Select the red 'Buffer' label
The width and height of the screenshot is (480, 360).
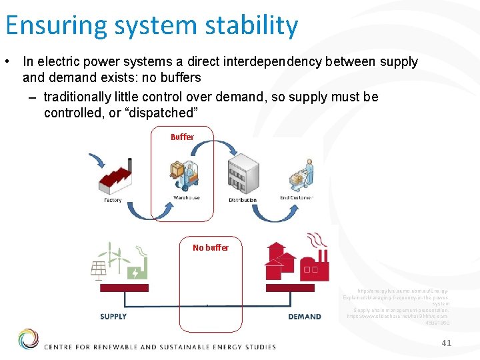coord(182,137)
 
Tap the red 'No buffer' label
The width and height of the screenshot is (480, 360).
coord(210,247)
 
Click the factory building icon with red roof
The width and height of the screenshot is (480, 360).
coord(119,177)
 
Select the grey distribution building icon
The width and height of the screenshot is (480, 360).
coord(243,175)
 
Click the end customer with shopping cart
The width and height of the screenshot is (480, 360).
coord(301,175)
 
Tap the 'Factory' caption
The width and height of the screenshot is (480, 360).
coord(113,200)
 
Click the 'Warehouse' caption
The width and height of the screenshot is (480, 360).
coord(186,198)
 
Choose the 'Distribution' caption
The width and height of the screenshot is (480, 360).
coord(243,200)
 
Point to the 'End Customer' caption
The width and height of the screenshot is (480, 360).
coord(297,198)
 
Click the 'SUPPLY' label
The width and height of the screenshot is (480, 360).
coord(113,316)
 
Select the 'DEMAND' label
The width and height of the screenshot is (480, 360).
coord(305,317)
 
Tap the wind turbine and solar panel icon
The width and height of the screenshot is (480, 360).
coord(118,261)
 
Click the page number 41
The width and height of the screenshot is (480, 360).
coord(446,343)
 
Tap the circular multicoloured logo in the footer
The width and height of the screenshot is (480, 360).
coord(27,339)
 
